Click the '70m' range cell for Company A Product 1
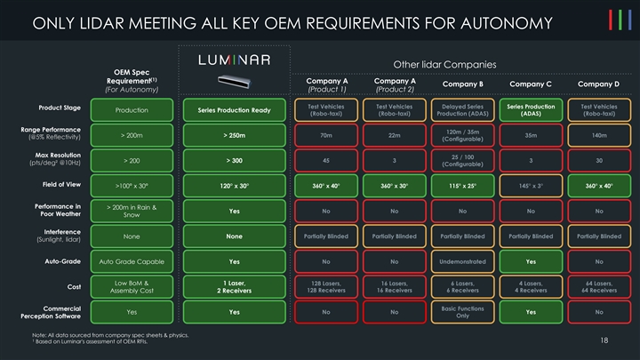tap(326, 135)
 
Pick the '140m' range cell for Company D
tap(598, 135)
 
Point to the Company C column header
tap(531, 84)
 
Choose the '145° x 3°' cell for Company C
tap(531, 186)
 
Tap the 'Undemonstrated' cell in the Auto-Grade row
tap(462, 262)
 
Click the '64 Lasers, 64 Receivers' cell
tap(598, 288)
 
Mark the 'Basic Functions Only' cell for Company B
tap(462, 312)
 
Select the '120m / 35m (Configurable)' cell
tap(462, 135)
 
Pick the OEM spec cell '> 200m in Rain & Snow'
tap(132, 211)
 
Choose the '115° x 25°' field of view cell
tap(462, 186)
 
